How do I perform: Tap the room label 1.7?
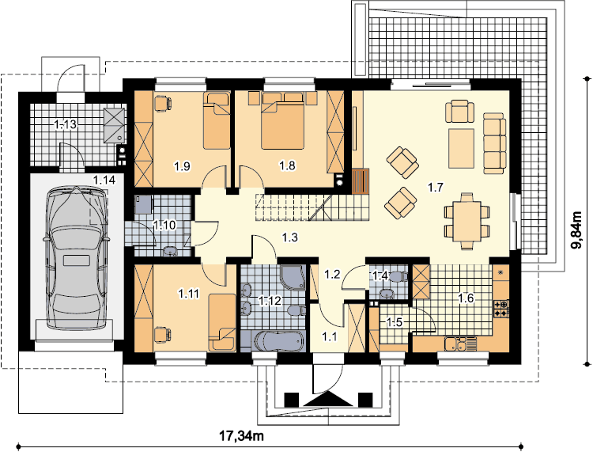click(435, 187)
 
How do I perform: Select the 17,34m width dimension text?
click(242, 436)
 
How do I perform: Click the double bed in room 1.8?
click(283, 121)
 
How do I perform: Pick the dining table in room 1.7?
click(466, 221)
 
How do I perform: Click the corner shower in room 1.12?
click(293, 278)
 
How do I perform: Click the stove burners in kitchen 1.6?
click(501, 308)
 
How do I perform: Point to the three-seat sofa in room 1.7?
click(494, 143)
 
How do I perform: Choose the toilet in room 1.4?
click(398, 277)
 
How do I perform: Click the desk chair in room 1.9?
click(163, 104)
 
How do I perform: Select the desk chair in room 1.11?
click(163, 335)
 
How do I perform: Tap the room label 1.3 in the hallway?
click(289, 237)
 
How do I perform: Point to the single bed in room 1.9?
click(217, 120)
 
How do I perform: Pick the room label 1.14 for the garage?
click(104, 180)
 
